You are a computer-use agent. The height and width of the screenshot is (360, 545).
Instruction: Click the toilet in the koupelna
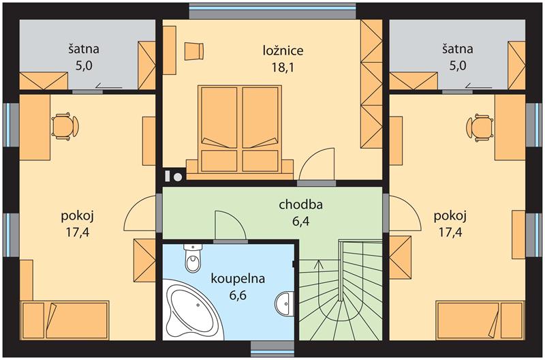tap(193, 258)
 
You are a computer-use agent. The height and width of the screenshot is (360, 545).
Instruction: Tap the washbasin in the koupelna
tap(285, 303)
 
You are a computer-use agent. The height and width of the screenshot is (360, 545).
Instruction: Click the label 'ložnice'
tap(283, 50)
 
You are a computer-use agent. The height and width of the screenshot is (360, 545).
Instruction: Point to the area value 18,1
tap(283, 67)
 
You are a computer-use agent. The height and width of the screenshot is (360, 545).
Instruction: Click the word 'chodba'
tap(300, 205)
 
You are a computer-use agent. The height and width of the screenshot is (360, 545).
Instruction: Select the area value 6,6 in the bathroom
tap(238, 295)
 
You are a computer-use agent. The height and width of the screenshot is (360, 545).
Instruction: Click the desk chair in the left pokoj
tap(65, 127)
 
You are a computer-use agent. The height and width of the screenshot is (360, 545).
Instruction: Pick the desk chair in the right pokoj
tap(480, 127)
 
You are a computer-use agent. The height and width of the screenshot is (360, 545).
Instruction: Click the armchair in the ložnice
tap(193, 52)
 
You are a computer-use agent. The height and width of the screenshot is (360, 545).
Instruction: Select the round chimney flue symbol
tap(178, 177)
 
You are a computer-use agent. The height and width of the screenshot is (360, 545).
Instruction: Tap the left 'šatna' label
tap(84, 48)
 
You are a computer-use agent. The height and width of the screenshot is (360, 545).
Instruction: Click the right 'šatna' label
tap(458, 48)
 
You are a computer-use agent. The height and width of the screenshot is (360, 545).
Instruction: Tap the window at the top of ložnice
tap(272, 11)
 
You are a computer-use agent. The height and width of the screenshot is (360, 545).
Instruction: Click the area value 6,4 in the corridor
tap(300, 221)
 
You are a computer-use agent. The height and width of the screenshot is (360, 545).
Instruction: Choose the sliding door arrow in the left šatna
tap(109, 85)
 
